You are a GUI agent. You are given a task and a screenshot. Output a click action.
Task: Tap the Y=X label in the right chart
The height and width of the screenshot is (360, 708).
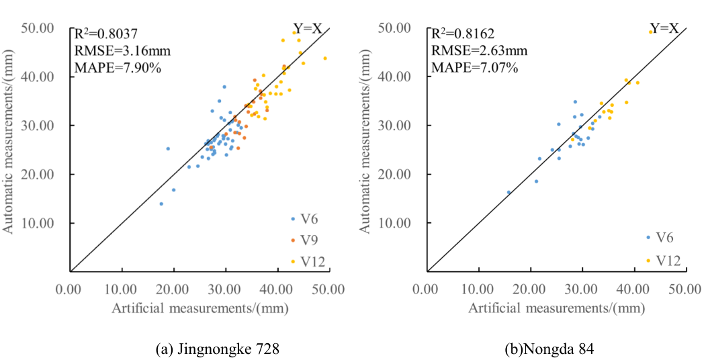[664, 28]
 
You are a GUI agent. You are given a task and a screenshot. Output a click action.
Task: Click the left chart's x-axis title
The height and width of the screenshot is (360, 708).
[200, 308]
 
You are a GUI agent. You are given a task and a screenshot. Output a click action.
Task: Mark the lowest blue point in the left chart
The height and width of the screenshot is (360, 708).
[161, 204]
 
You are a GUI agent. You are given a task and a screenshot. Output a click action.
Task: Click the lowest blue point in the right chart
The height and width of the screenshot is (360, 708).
[508, 192]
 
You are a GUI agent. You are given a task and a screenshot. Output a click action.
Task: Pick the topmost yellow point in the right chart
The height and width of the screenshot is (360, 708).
[650, 32]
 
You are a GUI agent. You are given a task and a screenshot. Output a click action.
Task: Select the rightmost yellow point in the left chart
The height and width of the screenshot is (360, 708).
[325, 58]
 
